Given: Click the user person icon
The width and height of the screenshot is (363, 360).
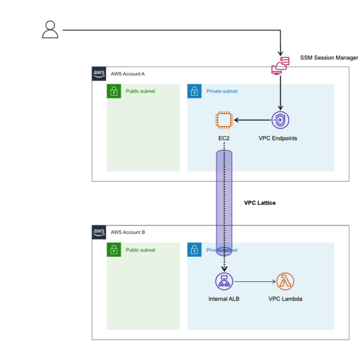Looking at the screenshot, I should pyautogui.click(x=50, y=29).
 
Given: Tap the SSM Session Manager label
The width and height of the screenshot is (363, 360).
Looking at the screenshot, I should pyautogui.click(x=329, y=58).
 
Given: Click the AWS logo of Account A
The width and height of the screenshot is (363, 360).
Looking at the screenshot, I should pyautogui.click(x=99, y=74).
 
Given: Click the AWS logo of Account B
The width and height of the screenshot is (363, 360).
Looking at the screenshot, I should pyautogui.click(x=99, y=232).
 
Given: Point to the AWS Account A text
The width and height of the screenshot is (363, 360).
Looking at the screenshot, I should pyautogui.click(x=128, y=74).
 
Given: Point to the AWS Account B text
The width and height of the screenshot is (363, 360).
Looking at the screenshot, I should pyautogui.click(x=128, y=232).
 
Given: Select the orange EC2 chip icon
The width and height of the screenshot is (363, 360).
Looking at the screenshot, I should pyautogui.click(x=225, y=120).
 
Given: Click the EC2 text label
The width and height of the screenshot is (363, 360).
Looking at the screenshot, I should pyautogui.click(x=224, y=138).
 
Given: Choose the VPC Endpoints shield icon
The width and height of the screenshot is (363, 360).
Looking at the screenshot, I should pyautogui.click(x=280, y=120).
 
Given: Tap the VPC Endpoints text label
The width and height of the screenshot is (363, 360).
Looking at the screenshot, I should pyautogui.click(x=278, y=138).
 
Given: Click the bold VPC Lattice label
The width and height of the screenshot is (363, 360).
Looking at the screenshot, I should pyautogui.click(x=260, y=202).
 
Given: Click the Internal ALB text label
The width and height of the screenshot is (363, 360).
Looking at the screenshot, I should pyautogui.click(x=224, y=299).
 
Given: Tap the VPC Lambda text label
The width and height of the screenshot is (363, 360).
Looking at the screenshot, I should pyautogui.click(x=285, y=299).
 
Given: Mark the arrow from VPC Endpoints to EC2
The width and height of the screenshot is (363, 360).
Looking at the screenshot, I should pyautogui.click(x=252, y=120).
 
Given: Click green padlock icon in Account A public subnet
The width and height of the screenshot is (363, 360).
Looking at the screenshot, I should pyautogui.click(x=114, y=91).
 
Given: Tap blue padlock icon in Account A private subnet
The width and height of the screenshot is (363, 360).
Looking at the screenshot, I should pyautogui.click(x=195, y=91).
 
